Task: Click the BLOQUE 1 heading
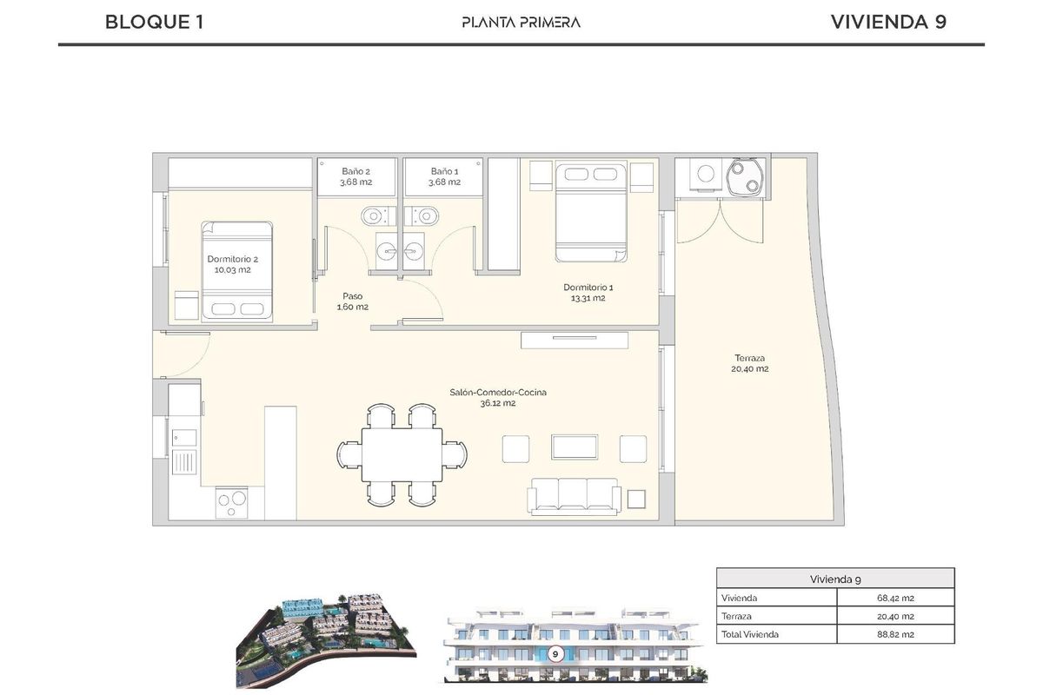154,22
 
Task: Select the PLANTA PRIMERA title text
521,23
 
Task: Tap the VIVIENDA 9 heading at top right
887,22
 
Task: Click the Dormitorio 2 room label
232,264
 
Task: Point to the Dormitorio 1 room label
588,293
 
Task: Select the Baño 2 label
355,177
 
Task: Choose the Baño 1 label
444,177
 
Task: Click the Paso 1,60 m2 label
352,301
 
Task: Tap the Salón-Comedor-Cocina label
498,398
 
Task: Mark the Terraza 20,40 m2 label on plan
750,363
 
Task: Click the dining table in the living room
402,454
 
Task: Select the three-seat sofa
575,495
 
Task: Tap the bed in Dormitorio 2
239,271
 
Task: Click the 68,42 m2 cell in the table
895,598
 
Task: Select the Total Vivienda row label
750,634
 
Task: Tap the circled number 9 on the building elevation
555,653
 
